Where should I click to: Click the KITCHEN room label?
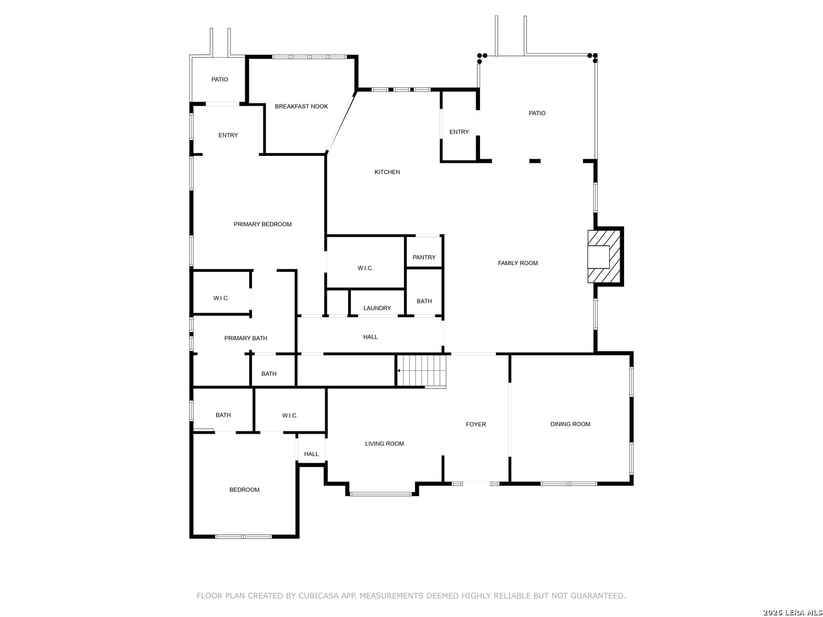point(387,172)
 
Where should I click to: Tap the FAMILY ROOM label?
point(517,263)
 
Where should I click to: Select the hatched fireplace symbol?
point(603,257)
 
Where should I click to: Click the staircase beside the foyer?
point(422,371)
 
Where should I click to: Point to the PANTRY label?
point(424,257)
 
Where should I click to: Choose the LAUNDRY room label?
point(377,308)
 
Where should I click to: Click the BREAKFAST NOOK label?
point(301,106)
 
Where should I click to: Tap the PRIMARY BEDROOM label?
point(262,224)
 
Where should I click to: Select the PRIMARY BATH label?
point(246,338)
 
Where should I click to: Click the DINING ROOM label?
point(570,424)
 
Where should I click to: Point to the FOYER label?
point(476,424)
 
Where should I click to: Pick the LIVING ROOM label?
point(384,443)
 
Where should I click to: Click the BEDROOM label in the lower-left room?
point(244,490)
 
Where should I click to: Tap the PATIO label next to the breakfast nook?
point(219,79)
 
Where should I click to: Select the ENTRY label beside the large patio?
point(459,132)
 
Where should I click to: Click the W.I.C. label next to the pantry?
point(365,268)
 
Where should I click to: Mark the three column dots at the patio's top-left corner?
point(481,58)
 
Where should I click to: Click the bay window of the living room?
point(381,494)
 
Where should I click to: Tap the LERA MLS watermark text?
point(800,612)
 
